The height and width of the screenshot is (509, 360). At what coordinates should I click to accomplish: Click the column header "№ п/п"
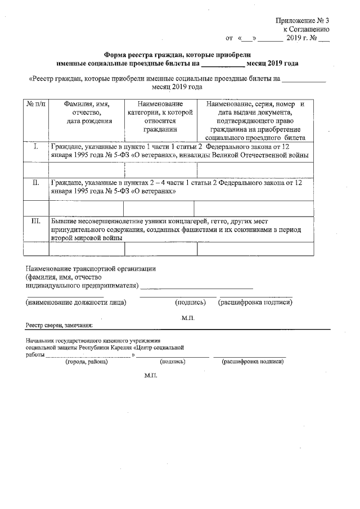35,105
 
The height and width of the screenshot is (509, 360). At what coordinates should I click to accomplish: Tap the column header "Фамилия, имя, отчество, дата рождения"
87,112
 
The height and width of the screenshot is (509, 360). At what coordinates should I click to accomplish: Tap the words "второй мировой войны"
87,238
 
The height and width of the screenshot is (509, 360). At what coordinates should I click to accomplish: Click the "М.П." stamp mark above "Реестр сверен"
187,318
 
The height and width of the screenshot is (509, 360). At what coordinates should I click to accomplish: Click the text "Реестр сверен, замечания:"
59,326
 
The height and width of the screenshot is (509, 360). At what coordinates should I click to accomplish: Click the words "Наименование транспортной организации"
91,269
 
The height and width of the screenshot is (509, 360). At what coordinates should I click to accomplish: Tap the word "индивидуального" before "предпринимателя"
53,286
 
